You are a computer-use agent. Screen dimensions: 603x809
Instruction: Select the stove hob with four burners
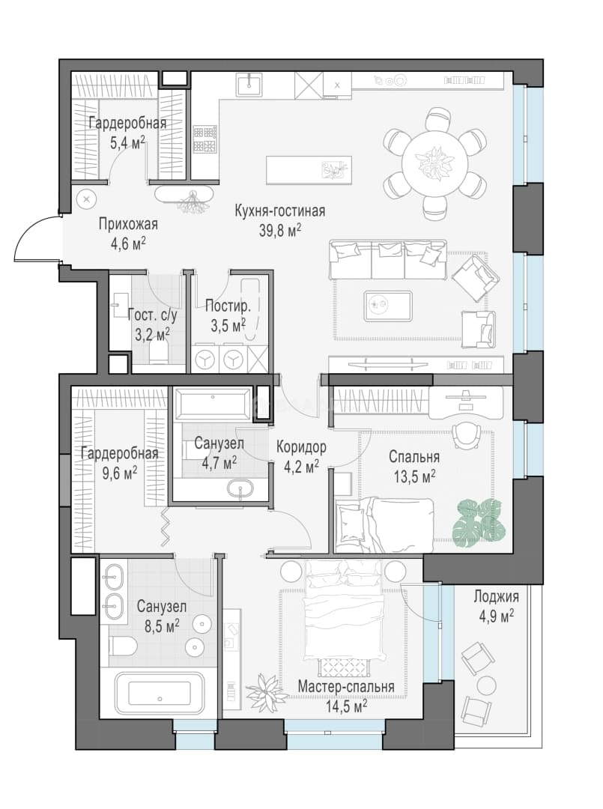[204, 139]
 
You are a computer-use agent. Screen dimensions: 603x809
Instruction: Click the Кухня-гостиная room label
[280, 211]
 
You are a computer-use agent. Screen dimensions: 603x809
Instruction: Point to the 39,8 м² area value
[280, 230]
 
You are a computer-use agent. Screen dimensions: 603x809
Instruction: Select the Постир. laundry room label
[228, 306]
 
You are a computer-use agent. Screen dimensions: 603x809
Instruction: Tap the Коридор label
[301, 446]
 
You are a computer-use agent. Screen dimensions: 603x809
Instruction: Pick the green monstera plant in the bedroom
[479, 520]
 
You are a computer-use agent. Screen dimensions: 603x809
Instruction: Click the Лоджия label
[496, 597]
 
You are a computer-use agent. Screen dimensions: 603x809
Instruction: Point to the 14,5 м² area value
[346, 706]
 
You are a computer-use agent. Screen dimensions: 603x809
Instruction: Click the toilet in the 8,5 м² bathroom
[122, 645]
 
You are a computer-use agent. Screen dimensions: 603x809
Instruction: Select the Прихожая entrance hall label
[128, 225]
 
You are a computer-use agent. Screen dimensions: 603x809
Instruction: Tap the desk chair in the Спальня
[467, 436]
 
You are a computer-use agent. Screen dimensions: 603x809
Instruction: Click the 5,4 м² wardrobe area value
[128, 142]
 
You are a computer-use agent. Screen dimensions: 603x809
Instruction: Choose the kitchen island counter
[309, 170]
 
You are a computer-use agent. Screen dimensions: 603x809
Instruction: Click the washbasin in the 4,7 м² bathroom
[240, 488]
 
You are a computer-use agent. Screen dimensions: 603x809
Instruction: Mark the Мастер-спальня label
[346, 687]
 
